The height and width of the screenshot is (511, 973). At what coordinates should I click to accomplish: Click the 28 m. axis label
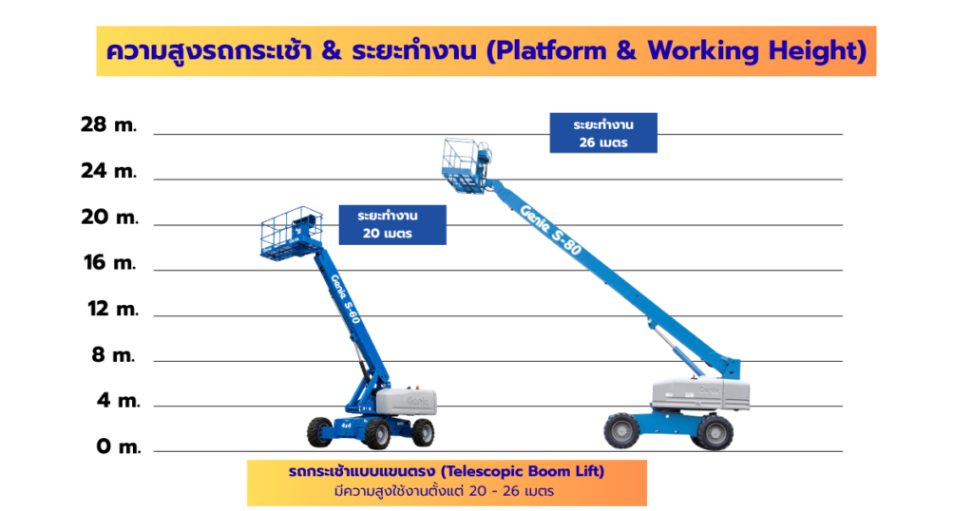pos(108,124)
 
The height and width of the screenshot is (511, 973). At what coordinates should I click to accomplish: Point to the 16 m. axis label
pos(110,263)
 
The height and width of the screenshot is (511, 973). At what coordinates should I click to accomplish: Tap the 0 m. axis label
pos(119,445)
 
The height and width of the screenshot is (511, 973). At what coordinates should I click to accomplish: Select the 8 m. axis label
pos(114,354)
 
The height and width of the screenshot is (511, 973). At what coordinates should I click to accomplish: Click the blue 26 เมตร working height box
pos(603,133)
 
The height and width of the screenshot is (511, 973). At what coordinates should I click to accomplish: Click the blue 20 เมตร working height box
pos(392,224)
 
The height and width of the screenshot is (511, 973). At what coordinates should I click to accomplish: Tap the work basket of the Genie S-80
pos(466,165)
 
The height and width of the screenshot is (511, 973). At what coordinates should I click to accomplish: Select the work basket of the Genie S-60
pos(291,233)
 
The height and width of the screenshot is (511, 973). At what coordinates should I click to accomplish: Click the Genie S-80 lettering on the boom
pos(550,230)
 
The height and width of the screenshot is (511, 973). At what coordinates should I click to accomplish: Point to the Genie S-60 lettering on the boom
pos(345,298)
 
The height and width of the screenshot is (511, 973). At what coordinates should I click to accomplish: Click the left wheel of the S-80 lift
pos(621,430)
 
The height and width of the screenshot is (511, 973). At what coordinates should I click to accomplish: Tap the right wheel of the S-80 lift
pos(713,431)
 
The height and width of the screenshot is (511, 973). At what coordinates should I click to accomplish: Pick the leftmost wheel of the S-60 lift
pos(320,432)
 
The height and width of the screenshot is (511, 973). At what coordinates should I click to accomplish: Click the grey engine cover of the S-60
pos(407,401)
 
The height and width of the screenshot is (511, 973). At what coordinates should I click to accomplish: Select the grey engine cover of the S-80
pos(700,394)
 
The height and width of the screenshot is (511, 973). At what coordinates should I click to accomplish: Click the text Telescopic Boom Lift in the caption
pos(522,471)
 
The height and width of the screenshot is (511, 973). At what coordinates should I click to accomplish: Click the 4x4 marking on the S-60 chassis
pos(345,426)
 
